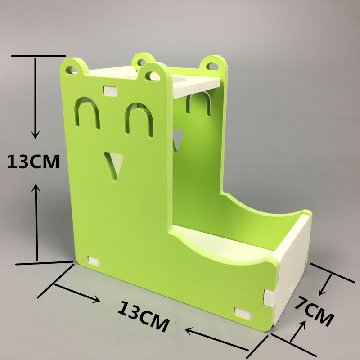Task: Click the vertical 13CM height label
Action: pyautogui.click(x=33, y=162)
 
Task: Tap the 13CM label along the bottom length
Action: pyautogui.click(x=143, y=317)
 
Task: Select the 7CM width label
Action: pyautogui.click(x=314, y=310)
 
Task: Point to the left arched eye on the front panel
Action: pyautogui.click(x=87, y=112)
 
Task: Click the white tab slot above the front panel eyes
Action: pyautogui.click(x=110, y=91)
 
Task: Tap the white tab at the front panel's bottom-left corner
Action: pyautogui.click(x=93, y=261)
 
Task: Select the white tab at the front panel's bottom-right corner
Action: pyautogui.click(x=243, y=313)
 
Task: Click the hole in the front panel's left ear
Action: pyautogui.click(x=71, y=70)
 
